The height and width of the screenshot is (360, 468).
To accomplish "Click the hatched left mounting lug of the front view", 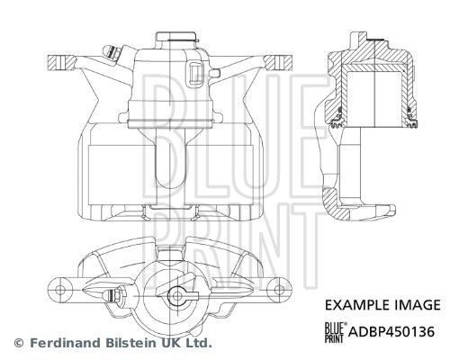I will [x=61, y=62].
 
